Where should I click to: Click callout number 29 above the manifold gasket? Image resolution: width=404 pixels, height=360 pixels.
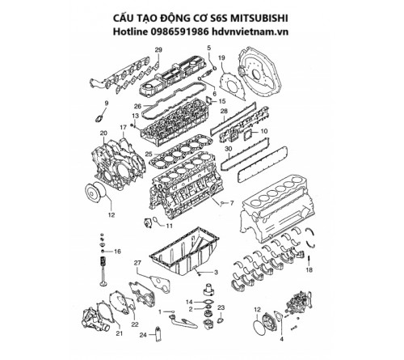click(158, 51)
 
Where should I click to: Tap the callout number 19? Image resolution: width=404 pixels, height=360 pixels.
click(221, 59)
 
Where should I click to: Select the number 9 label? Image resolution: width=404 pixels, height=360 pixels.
click(104, 103)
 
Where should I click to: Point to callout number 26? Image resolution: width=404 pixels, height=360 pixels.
click(138, 106)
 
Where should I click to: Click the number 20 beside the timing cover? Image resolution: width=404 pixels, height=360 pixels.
click(103, 133)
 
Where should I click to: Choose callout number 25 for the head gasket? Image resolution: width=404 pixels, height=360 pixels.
click(149, 154)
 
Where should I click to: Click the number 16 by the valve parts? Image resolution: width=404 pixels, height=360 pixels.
click(118, 252)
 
